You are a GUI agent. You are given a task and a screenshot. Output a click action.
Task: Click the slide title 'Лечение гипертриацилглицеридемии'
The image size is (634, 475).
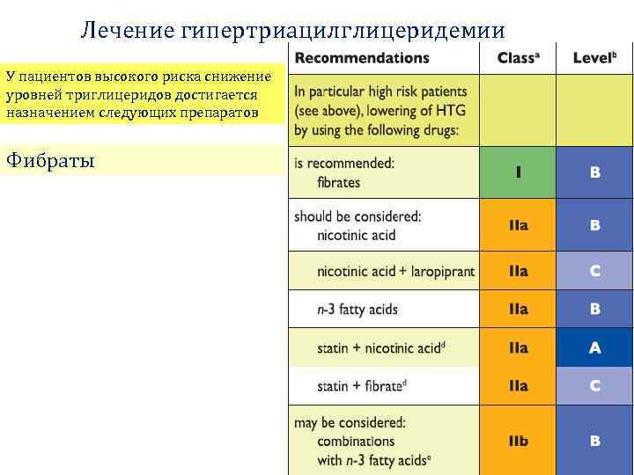[x=292, y=31]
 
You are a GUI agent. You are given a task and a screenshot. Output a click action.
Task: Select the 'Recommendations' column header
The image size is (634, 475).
[x=362, y=58]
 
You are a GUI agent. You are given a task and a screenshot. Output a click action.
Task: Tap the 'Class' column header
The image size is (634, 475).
[x=517, y=58]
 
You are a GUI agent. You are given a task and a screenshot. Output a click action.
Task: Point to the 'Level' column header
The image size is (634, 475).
[x=594, y=58]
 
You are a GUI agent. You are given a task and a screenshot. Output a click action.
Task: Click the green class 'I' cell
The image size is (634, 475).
[x=518, y=172]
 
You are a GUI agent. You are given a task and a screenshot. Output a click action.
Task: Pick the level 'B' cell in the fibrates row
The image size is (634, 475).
[x=595, y=172]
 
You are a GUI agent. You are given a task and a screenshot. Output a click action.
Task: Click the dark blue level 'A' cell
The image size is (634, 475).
[x=595, y=348]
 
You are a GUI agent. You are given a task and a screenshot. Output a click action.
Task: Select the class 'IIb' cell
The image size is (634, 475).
[x=518, y=441]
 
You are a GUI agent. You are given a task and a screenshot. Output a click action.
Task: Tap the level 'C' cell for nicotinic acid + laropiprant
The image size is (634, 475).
[x=595, y=272]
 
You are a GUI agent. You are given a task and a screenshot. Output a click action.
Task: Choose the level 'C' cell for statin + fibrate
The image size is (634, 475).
[x=595, y=386]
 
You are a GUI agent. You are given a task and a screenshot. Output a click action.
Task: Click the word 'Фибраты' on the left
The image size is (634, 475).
[x=50, y=160]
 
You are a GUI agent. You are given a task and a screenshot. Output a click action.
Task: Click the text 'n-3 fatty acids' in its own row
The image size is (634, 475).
[x=358, y=310]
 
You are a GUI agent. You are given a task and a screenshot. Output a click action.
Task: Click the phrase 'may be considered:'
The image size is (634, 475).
[x=350, y=423]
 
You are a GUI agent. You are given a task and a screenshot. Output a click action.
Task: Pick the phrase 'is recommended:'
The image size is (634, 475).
[x=344, y=164]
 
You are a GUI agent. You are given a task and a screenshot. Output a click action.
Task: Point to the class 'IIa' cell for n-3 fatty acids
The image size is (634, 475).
[x=518, y=310]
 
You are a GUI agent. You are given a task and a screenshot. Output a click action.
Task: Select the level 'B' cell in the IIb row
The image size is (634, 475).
[x=595, y=441]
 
